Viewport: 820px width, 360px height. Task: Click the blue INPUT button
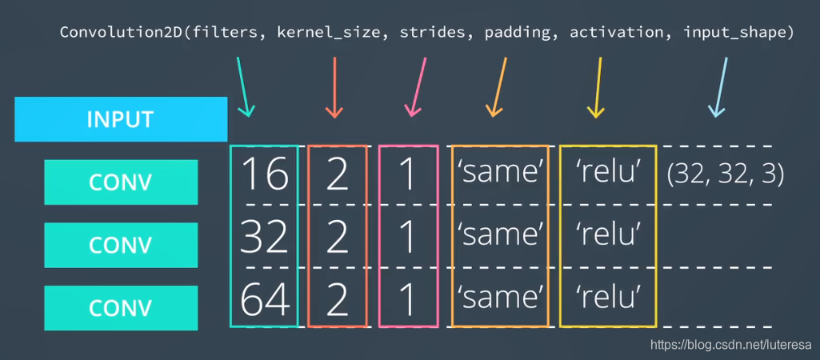tap(120, 119)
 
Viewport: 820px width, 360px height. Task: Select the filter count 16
tap(264, 174)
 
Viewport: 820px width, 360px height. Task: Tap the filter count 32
tap(264, 235)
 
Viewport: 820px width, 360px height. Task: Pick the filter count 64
tap(264, 297)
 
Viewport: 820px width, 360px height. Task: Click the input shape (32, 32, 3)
tap(725, 174)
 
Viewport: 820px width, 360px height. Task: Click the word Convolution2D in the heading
tap(113, 33)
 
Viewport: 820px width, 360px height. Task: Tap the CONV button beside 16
tap(120, 181)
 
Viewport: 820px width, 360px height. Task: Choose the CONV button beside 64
tap(120, 307)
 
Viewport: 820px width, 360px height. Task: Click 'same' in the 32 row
tap(500, 235)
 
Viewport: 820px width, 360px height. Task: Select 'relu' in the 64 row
tap(608, 297)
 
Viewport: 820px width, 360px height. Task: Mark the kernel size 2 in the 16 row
tap(338, 174)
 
